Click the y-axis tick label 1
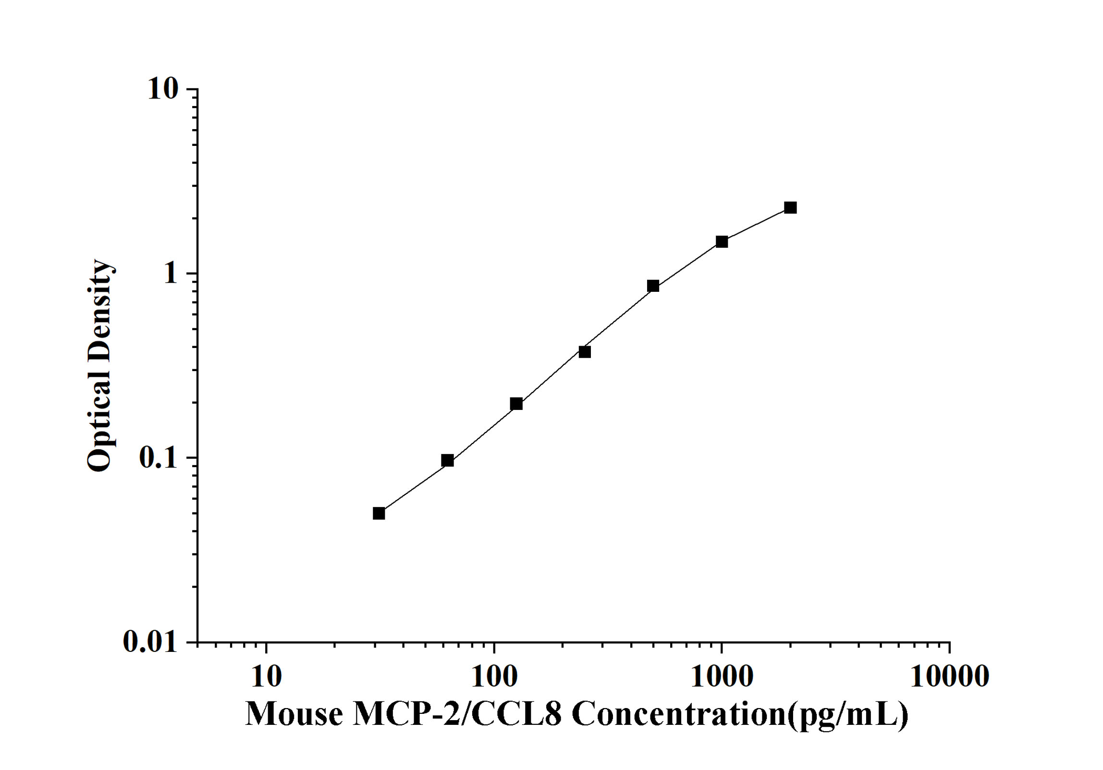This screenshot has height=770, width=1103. [170, 274]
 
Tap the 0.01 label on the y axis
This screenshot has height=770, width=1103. [150, 641]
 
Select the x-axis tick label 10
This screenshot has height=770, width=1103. [266, 677]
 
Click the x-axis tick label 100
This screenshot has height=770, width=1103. [494, 677]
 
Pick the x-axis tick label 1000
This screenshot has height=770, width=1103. [722, 677]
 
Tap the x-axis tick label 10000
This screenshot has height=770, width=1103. [949, 677]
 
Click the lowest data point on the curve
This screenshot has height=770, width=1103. [379, 514]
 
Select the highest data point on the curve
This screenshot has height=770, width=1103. [790, 208]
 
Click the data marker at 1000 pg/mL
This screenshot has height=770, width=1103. [722, 242]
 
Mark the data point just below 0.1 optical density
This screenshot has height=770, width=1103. [447, 461]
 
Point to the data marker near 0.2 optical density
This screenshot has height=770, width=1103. [516, 404]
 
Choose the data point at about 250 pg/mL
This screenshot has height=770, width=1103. [585, 352]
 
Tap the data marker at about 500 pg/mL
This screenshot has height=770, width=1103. [653, 286]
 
